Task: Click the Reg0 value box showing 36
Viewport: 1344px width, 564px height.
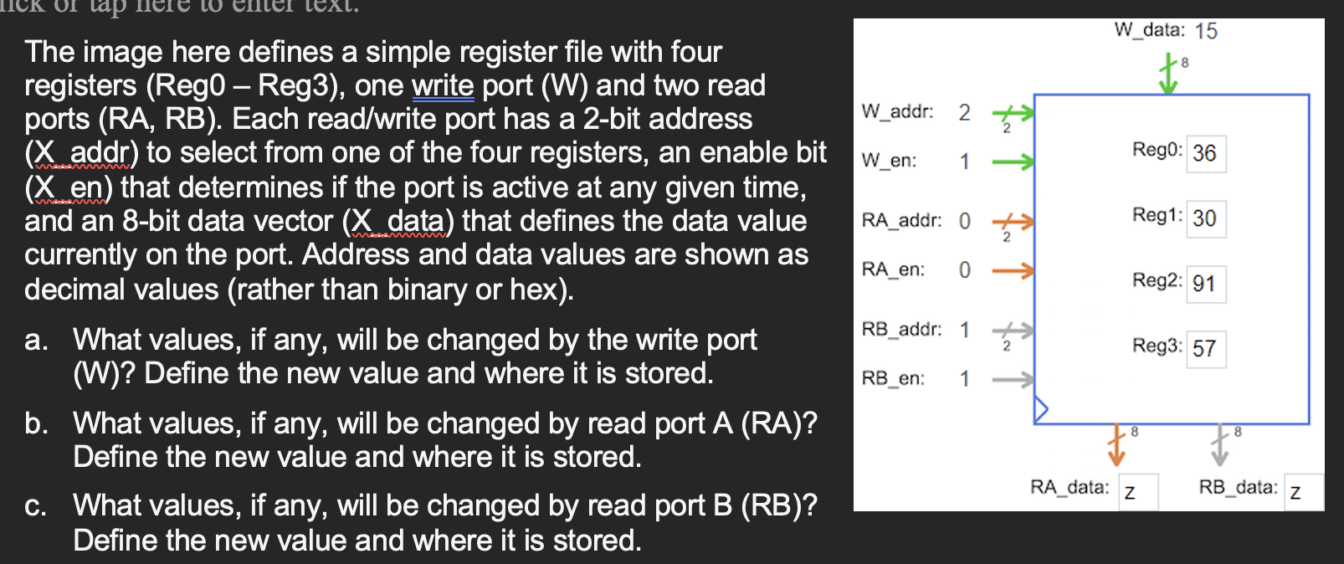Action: tap(1205, 153)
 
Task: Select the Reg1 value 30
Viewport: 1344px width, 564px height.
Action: tap(1205, 218)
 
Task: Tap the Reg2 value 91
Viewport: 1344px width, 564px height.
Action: tap(1205, 284)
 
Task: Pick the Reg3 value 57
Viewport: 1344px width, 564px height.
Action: tap(1205, 349)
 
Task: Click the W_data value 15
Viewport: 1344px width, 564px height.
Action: tap(1206, 31)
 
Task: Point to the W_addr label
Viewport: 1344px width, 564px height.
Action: tap(897, 111)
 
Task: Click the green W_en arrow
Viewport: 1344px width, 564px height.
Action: tap(1013, 162)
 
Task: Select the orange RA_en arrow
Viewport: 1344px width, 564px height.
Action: tap(1013, 270)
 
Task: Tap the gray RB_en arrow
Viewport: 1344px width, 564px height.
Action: tap(1013, 379)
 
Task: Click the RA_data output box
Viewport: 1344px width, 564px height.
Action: tap(1139, 492)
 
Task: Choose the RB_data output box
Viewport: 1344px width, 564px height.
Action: tap(1304, 492)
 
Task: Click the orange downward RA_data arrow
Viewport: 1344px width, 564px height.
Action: tap(1116, 445)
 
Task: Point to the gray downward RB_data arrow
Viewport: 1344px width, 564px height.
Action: tap(1220, 445)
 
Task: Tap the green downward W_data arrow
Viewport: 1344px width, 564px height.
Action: tap(1168, 74)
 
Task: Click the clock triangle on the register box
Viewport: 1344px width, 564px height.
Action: tap(1041, 409)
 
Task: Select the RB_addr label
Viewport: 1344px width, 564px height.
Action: tap(901, 329)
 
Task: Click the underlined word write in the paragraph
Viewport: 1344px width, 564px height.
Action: tap(443, 85)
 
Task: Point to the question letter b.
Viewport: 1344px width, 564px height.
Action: tap(35, 423)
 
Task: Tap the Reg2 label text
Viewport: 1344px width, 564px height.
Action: tap(1157, 280)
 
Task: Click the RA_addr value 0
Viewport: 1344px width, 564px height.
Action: tap(965, 221)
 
